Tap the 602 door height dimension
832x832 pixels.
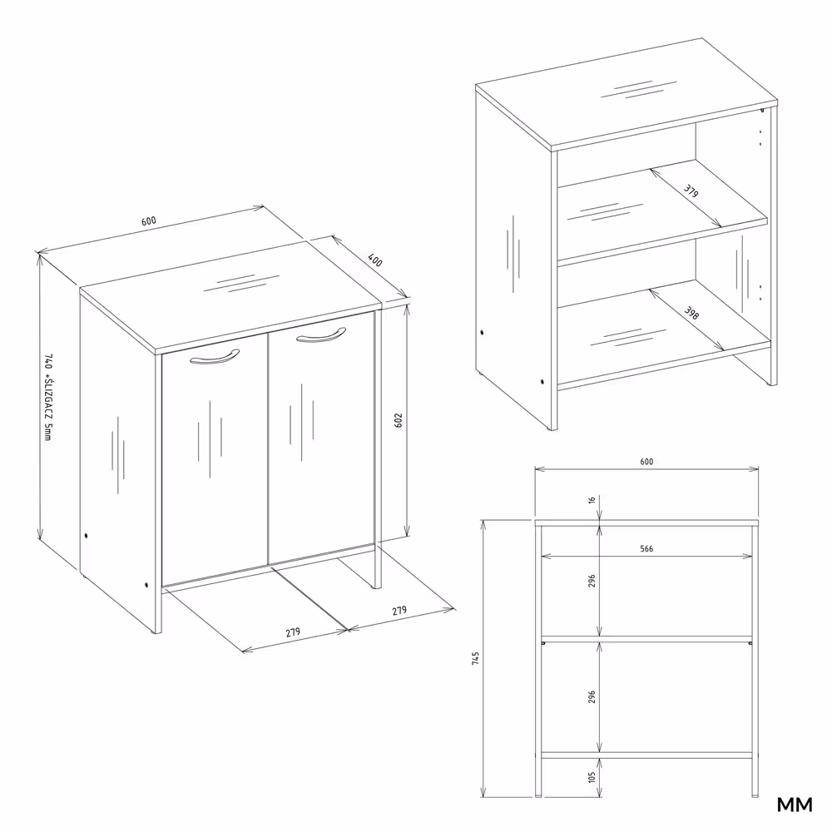tap(399, 420)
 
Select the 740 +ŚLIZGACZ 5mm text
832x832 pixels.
tap(48, 397)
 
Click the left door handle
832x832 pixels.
tap(215, 357)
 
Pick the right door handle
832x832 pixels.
tap(321, 335)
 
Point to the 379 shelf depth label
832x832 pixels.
tap(691, 191)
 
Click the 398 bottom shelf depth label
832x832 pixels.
tap(691, 313)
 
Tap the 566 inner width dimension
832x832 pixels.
tap(646, 548)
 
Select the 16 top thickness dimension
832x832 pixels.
tap(592, 499)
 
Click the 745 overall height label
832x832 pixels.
tap(475, 658)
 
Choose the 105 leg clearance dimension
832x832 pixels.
tap(592, 777)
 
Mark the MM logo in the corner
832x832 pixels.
tap(795, 805)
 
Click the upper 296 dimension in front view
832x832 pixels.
tap(592, 581)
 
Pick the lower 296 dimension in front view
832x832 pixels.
tap(592, 697)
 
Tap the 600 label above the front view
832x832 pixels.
tap(646, 462)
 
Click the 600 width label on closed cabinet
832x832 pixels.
tap(149, 220)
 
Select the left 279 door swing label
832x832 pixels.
tap(292, 632)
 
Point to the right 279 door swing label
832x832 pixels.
tap(399, 611)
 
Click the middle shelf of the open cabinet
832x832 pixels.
tap(662, 211)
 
